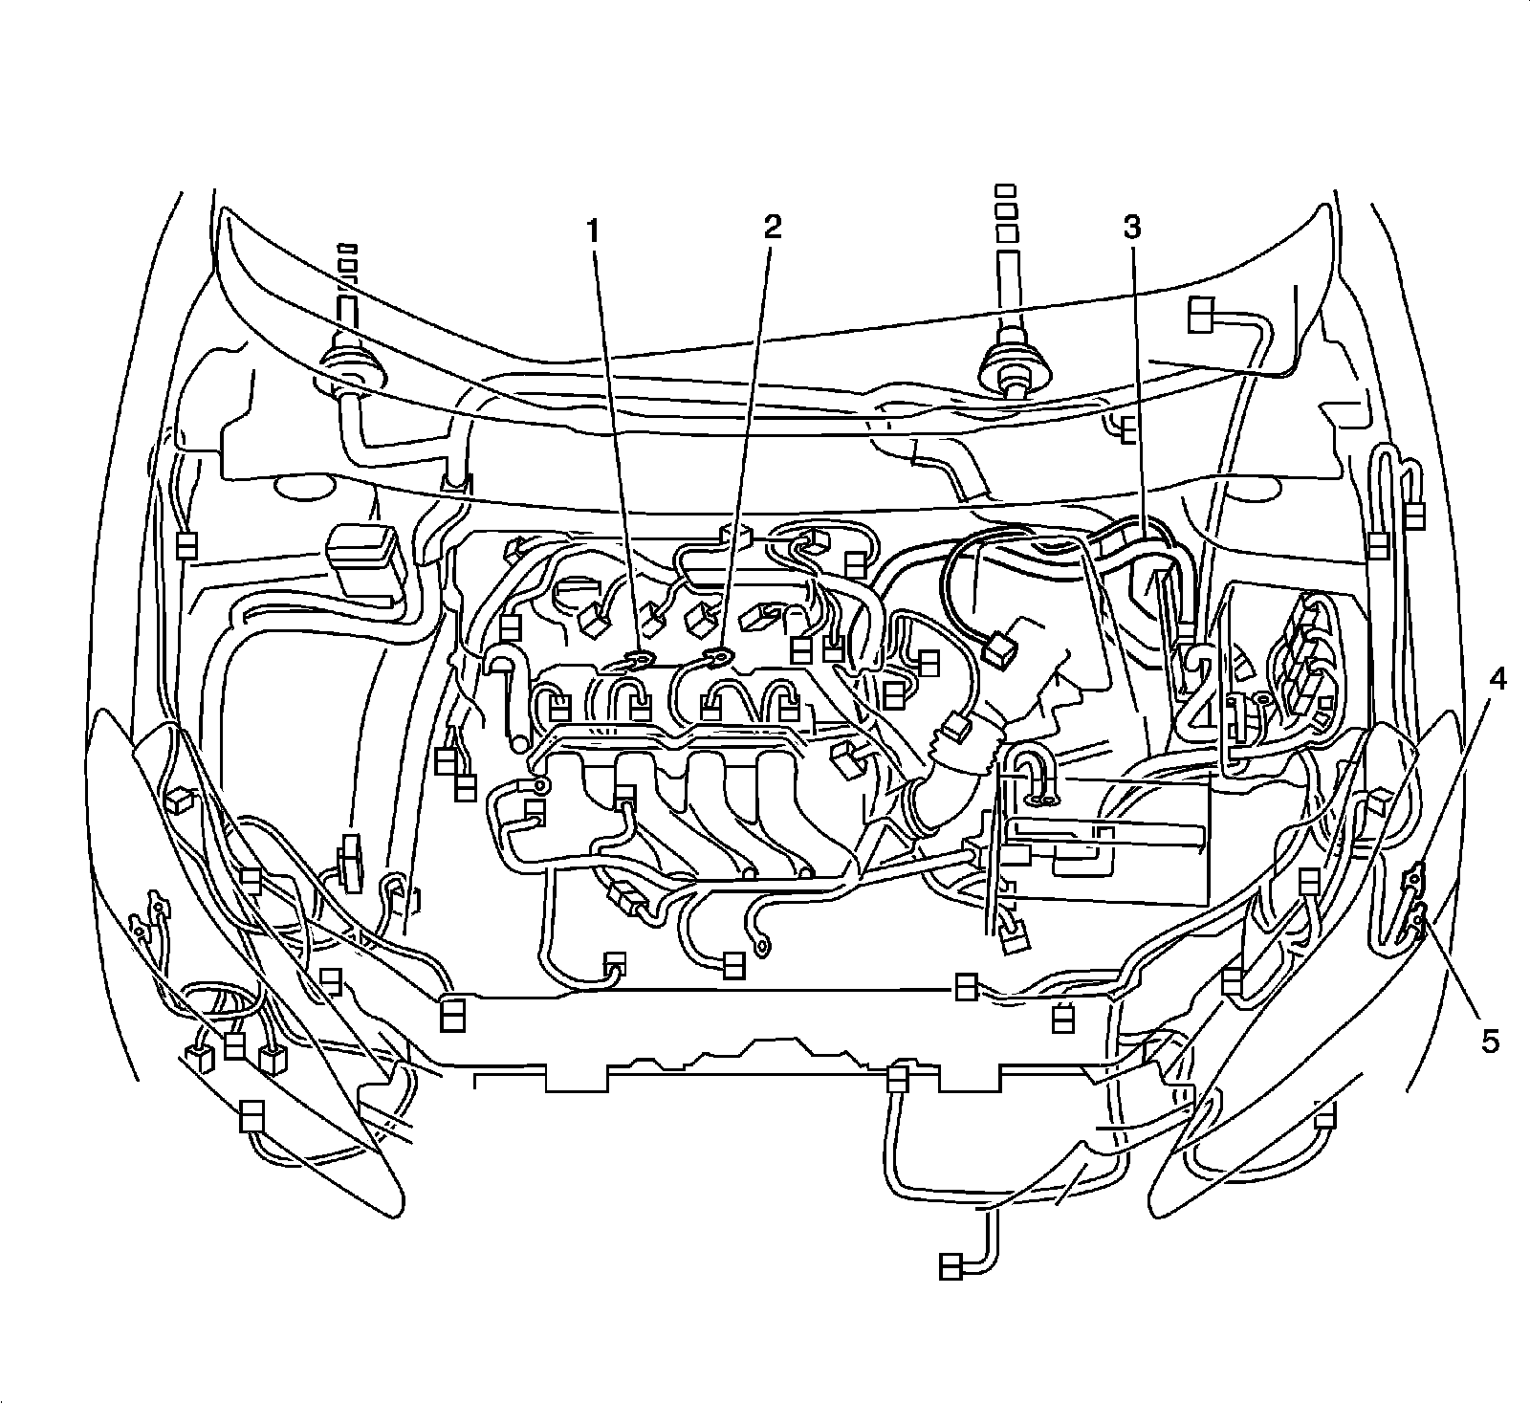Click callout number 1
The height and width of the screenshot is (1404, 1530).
tap(594, 230)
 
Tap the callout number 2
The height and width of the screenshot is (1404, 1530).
tap(772, 227)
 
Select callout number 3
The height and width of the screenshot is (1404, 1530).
tap(1131, 228)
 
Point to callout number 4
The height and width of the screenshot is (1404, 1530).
tap(1497, 681)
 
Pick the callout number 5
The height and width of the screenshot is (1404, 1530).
tap(1491, 1040)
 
